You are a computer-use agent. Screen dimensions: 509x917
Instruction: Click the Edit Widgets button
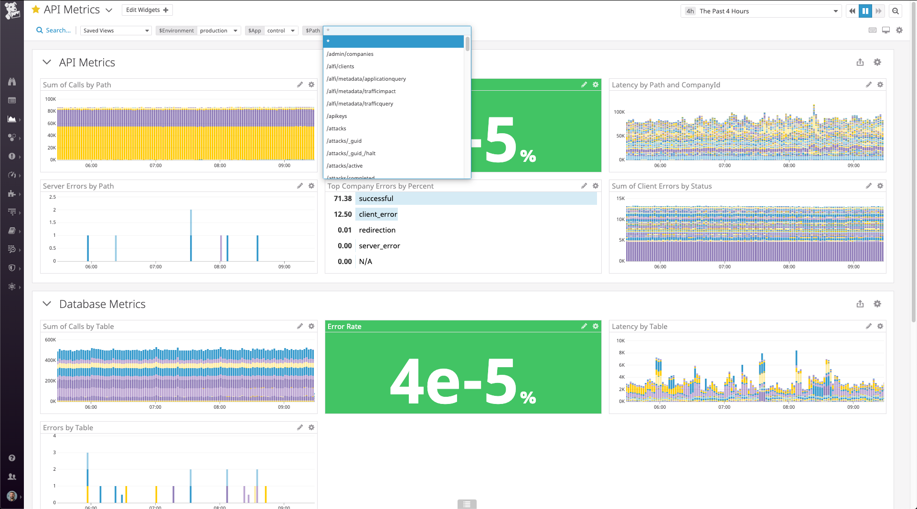[147, 10]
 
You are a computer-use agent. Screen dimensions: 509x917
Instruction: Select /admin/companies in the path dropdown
[350, 54]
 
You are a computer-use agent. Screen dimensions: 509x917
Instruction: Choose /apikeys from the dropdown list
[337, 116]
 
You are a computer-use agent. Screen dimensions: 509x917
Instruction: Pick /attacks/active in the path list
[344, 166]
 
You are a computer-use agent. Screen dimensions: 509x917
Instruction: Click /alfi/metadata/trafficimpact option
[361, 91]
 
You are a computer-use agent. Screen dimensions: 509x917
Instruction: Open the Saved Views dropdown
[116, 31]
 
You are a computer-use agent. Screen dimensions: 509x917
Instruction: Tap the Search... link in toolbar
[53, 31]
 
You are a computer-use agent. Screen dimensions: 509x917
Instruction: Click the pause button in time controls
[865, 11]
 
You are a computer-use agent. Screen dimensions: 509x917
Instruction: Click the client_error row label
[378, 214]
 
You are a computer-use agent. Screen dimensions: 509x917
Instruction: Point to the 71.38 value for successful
[342, 199]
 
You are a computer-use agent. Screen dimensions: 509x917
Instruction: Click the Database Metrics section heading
[102, 304]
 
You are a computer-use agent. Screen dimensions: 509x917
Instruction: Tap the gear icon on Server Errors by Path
[311, 186]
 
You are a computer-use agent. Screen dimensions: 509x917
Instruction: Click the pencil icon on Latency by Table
[868, 326]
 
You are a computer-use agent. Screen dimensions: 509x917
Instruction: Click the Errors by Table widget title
[68, 428]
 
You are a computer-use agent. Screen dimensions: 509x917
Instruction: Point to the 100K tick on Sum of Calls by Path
[50, 99]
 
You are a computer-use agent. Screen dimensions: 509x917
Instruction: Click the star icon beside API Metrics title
[36, 10]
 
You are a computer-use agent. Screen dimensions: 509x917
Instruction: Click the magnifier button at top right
[896, 11]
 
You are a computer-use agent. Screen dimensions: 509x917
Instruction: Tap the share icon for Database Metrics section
[860, 304]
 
